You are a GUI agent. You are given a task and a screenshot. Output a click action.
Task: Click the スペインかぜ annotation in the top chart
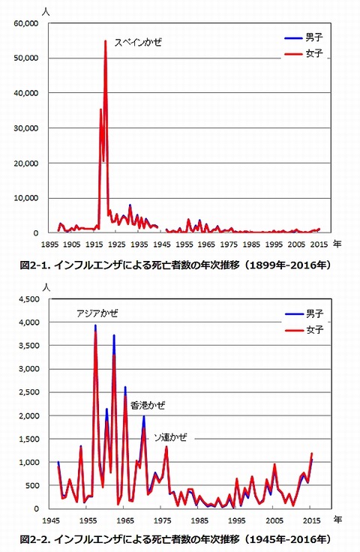138,42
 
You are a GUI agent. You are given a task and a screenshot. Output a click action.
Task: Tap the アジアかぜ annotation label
97,313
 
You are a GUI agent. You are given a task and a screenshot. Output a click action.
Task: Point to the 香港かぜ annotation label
148,406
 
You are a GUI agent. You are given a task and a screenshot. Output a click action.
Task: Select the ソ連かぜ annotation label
171,437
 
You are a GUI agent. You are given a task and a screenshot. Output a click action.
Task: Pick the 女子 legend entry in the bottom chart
304,330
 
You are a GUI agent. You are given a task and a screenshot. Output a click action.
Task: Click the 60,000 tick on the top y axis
26,23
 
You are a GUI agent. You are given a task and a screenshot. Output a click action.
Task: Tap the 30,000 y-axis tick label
26,128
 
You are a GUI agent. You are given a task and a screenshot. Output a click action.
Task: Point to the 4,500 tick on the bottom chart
29,299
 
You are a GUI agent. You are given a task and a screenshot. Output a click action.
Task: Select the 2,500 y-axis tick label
29,392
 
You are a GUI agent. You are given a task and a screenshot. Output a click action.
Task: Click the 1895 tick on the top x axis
49,244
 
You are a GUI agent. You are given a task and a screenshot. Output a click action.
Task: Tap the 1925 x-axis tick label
116,244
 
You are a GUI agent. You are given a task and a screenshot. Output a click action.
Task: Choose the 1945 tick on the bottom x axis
50,520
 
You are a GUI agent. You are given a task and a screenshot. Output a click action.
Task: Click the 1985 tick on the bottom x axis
199,520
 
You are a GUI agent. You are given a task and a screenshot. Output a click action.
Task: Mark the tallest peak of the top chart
105,40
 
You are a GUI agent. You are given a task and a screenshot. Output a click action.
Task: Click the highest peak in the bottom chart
95,325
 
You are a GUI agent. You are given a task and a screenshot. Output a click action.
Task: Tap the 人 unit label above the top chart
46,10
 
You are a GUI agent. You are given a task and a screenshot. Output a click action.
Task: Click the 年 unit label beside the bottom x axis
337,520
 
